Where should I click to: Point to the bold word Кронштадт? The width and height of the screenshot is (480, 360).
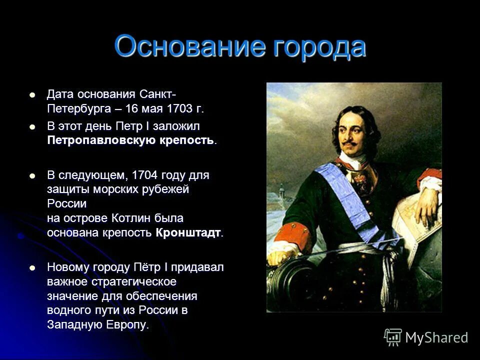[x=188, y=233]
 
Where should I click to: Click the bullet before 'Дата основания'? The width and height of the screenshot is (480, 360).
[x=33, y=94]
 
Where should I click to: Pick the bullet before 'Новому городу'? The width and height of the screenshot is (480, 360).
[x=33, y=267]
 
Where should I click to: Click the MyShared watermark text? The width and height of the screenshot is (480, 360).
[x=436, y=337]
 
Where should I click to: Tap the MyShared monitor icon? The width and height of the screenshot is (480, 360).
[x=393, y=337]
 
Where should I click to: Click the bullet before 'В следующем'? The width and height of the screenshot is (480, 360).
[x=33, y=176]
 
